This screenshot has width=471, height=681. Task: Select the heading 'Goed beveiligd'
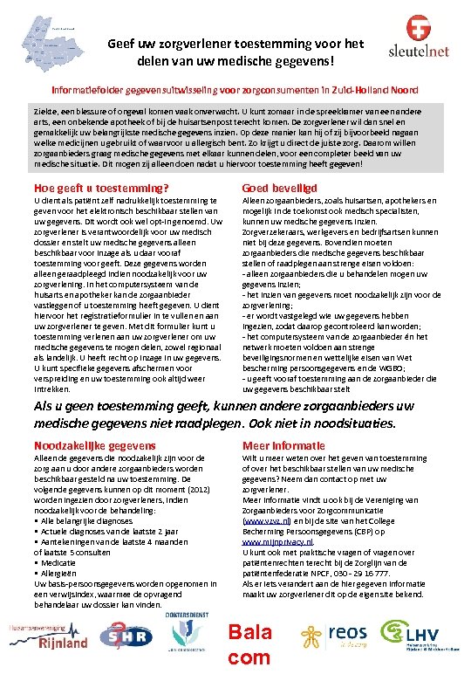coord(279,189)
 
